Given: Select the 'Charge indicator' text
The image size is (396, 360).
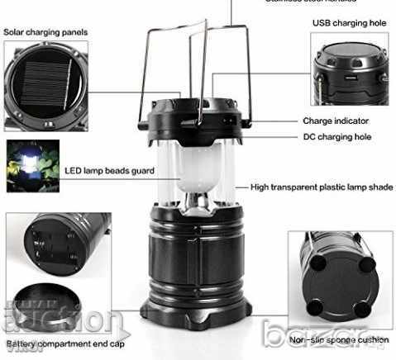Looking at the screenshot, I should pyautogui.click(x=334, y=121).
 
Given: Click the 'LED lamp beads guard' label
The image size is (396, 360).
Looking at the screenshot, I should pyautogui.click(x=109, y=171).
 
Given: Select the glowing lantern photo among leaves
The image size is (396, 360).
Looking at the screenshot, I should pyautogui.click(x=32, y=165).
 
